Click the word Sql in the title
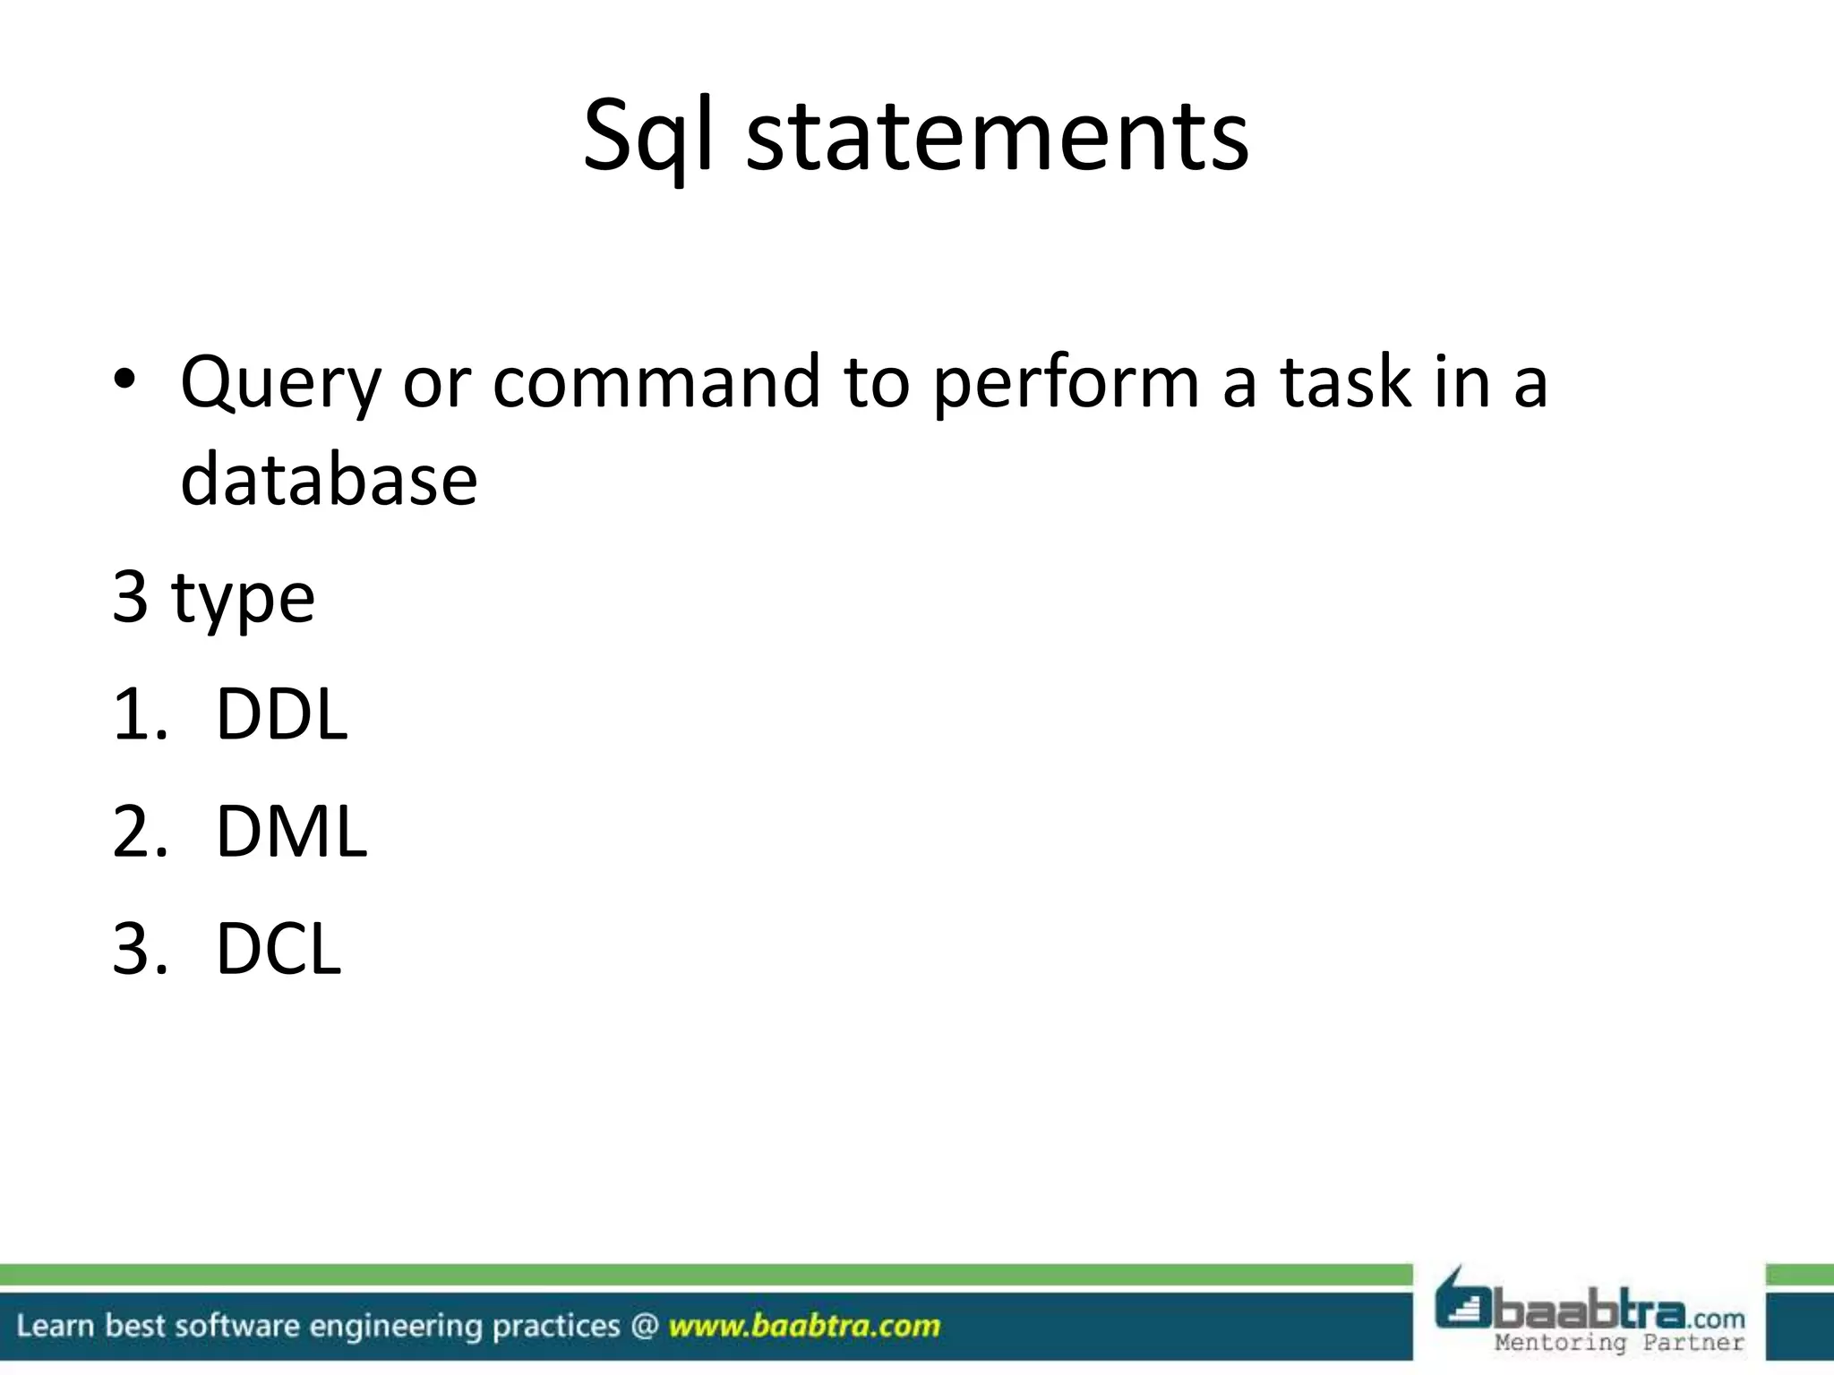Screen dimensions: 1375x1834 point(647,136)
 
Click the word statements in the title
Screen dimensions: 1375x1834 point(997,136)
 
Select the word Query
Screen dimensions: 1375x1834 point(280,383)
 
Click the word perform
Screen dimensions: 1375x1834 point(1065,383)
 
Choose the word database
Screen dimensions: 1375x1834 point(329,479)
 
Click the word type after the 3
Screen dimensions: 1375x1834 point(244,598)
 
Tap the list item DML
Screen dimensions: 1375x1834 point(291,832)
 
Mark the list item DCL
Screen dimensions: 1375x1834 point(279,949)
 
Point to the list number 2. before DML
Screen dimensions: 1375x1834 point(140,832)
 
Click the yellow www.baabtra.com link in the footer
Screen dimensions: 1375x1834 point(803,1326)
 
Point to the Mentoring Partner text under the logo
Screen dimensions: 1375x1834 point(1619,1343)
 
